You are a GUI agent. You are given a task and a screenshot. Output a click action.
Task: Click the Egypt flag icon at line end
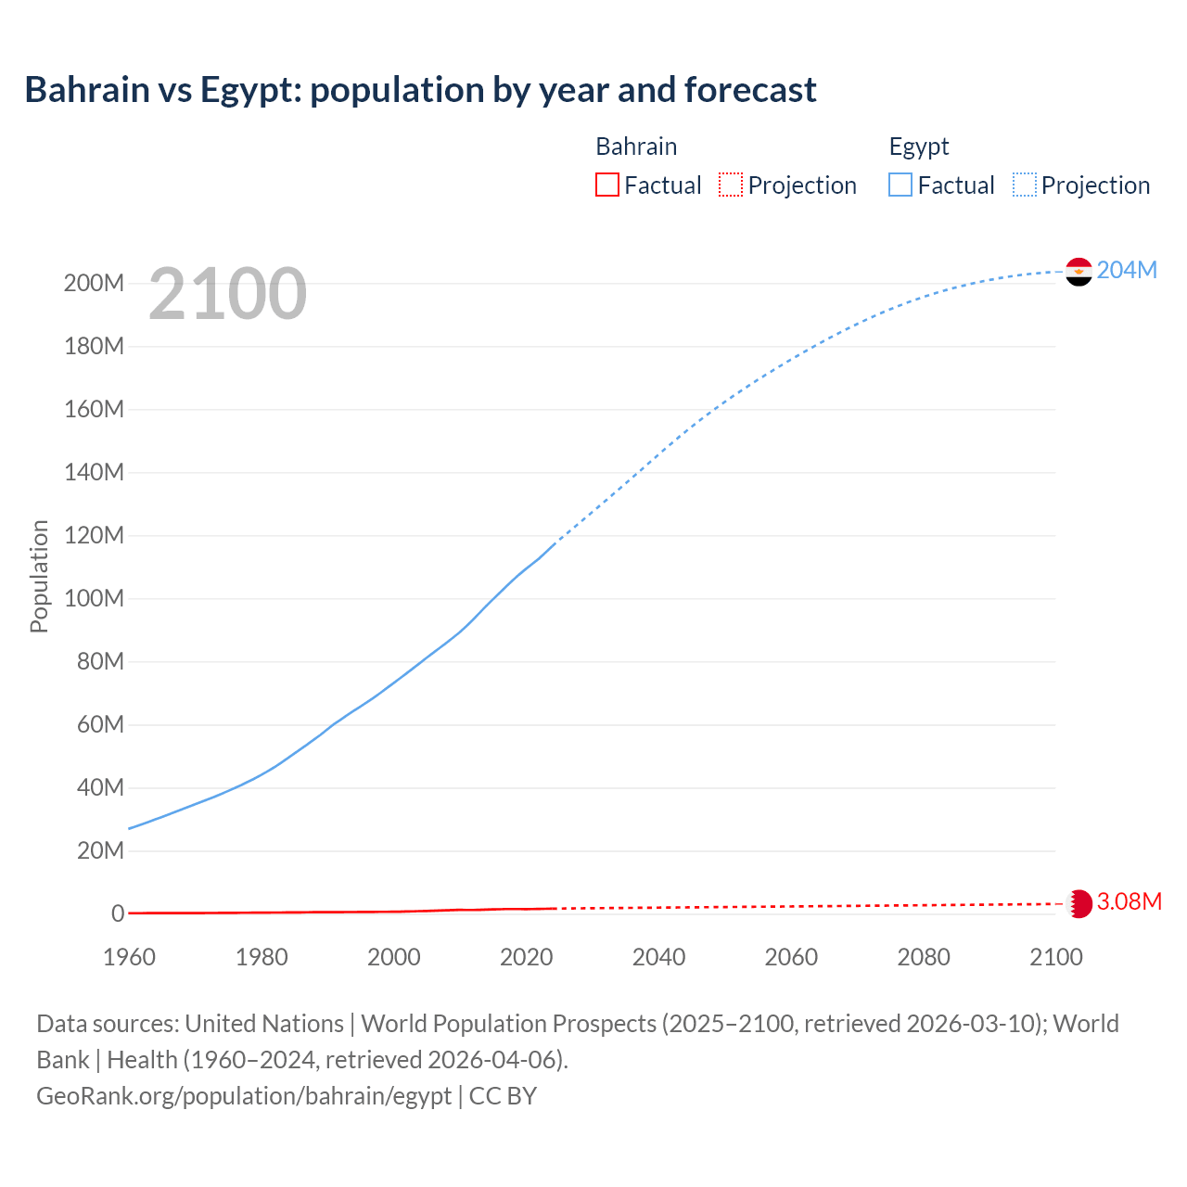(1079, 271)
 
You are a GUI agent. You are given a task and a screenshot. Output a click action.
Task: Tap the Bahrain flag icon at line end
(1079, 903)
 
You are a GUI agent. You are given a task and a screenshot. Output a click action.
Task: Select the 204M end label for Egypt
(1127, 270)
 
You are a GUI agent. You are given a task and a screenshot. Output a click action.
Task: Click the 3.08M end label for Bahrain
(1129, 901)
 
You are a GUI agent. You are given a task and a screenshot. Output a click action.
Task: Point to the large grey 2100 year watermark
(227, 294)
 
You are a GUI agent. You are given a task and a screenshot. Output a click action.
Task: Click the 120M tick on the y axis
(94, 535)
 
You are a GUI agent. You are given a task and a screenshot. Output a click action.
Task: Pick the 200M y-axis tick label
(94, 283)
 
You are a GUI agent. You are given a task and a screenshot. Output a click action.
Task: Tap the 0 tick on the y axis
(118, 913)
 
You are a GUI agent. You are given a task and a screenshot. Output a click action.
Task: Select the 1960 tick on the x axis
(129, 957)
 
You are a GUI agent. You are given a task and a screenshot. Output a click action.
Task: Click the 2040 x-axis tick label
(658, 957)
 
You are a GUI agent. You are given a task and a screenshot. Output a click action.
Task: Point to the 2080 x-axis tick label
(924, 957)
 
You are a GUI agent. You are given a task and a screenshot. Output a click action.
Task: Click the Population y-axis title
(39, 576)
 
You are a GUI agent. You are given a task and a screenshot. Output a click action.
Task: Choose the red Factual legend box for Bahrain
(606, 185)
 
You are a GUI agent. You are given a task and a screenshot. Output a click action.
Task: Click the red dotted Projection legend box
(731, 185)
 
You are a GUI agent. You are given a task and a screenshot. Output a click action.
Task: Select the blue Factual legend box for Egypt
(900, 185)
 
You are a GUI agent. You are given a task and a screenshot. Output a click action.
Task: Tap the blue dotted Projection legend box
(1025, 185)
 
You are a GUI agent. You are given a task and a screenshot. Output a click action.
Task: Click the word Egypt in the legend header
(919, 147)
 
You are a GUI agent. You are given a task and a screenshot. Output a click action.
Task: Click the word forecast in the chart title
(749, 90)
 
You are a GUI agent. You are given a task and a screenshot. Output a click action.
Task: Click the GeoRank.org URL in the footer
(244, 1095)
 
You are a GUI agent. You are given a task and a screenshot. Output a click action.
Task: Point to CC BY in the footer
(503, 1095)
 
